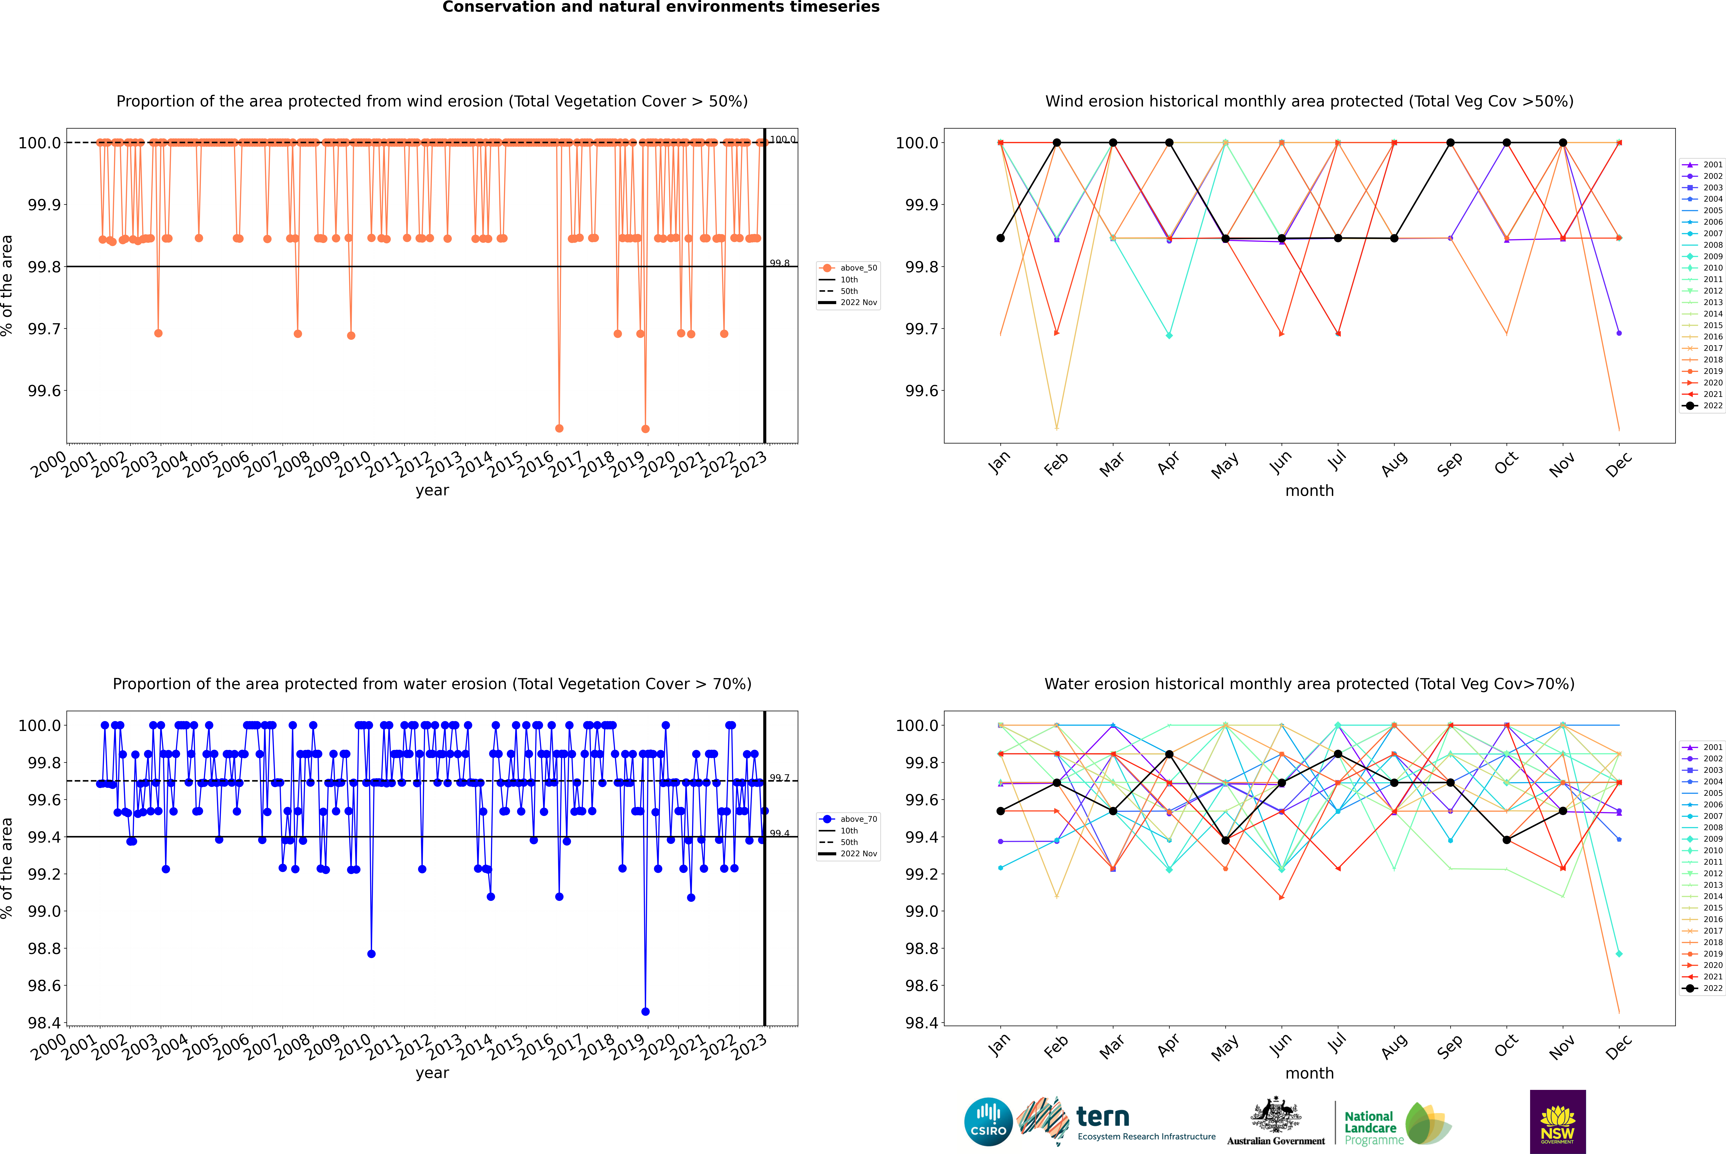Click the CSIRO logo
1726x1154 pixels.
click(x=988, y=1122)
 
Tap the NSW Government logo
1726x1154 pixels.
click(x=1557, y=1122)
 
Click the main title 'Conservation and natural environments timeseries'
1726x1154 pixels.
click(x=661, y=7)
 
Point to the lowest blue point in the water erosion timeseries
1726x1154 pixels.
click(x=645, y=1011)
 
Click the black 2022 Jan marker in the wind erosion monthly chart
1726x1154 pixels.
click(x=1001, y=238)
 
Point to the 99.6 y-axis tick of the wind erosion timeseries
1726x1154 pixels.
click(x=44, y=391)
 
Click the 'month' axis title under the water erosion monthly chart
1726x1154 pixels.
click(x=1309, y=1073)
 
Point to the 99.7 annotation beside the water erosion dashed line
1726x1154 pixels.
click(x=779, y=778)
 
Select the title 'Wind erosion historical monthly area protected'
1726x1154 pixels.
click(x=1309, y=102)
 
